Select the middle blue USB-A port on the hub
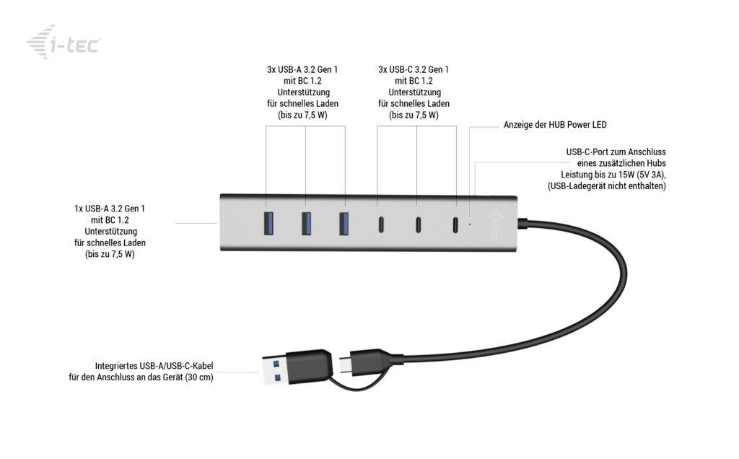click(305, 223)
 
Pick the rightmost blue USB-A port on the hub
click(344, 223)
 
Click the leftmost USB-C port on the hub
click(377, 224)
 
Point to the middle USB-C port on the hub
click(417, 224)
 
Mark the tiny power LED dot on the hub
click(470, 224)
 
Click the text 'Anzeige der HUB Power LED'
click(555, 125)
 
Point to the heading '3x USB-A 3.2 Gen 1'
click(302, 70)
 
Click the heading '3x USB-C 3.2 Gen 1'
click(414, 70)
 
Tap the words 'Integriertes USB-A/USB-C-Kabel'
click(154, 366)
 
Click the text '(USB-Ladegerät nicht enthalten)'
click(607, 186)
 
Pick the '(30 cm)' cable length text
click(198, 377)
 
